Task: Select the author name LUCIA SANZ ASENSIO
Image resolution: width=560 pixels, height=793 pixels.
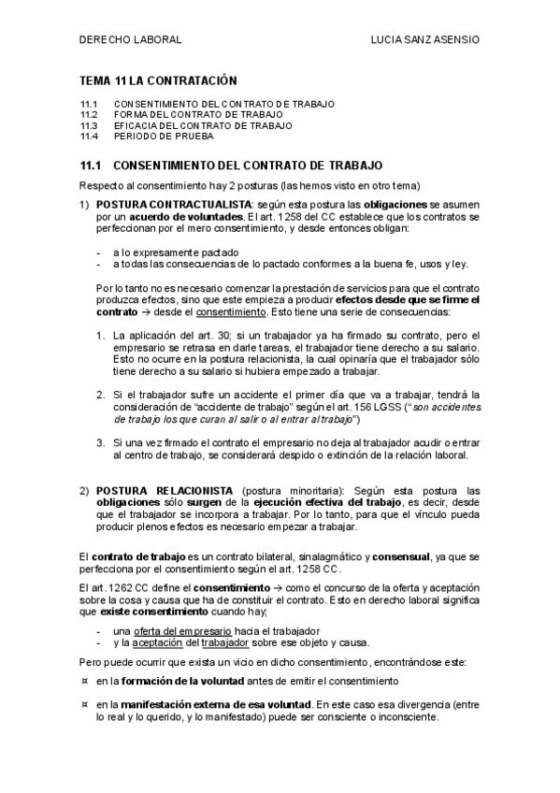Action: pos(425,41)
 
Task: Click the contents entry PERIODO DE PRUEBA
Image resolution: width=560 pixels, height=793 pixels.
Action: pos(164,137)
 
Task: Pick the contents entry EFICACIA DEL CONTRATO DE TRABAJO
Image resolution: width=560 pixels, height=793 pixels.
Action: pos(203,125)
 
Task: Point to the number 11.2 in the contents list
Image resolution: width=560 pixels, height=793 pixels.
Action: pos(90,114)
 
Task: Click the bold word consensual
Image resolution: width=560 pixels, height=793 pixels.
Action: pos(407,556)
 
